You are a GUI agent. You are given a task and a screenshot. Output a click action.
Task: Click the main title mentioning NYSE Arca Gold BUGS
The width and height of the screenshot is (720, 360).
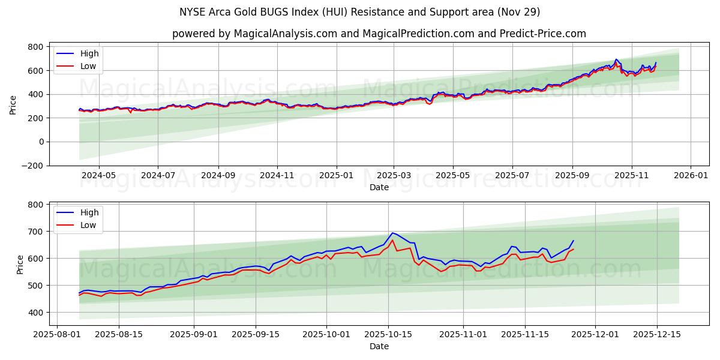pos(359,12)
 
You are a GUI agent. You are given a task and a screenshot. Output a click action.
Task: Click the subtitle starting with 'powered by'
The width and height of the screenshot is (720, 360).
pos(379,34)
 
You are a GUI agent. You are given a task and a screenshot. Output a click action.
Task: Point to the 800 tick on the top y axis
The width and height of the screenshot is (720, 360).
pos(35,47)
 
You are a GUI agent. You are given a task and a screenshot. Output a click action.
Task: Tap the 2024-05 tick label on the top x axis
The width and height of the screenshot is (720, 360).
pos(98,176)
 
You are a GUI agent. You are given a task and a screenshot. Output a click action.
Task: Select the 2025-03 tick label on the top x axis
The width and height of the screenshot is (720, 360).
pos(394,176)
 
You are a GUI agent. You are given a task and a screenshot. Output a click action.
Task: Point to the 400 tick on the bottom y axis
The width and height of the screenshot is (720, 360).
pos(35,313)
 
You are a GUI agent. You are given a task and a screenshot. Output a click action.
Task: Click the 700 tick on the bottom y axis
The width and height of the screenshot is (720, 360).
pos(35,232)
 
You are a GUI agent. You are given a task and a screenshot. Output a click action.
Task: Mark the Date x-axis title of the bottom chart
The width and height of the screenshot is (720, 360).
pos(379,347)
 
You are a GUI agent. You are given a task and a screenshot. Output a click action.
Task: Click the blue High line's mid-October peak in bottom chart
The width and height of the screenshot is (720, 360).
pos(392,233)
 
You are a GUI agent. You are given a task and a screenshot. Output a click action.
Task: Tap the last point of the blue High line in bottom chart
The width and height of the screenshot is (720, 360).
pos(573,241)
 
